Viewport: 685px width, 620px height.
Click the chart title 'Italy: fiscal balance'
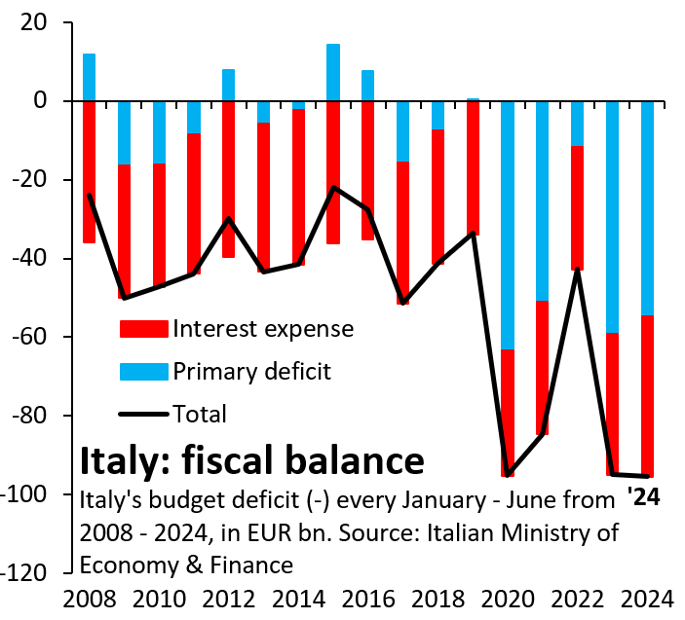250,458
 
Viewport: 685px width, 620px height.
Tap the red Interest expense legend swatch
143,329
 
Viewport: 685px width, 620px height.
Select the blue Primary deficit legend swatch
143,371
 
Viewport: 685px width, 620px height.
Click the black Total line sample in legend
143,414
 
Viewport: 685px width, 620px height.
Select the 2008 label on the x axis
89,600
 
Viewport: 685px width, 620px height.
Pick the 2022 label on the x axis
577,600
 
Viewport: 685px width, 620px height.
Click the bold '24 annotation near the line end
643,495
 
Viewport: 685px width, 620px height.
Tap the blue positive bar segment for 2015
333,72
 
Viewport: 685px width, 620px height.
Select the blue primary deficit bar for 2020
508,224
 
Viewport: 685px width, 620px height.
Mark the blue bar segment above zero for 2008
89,77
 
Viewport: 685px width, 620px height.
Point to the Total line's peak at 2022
577,270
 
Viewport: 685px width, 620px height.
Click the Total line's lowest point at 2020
508,475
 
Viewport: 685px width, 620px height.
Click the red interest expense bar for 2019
473,166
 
